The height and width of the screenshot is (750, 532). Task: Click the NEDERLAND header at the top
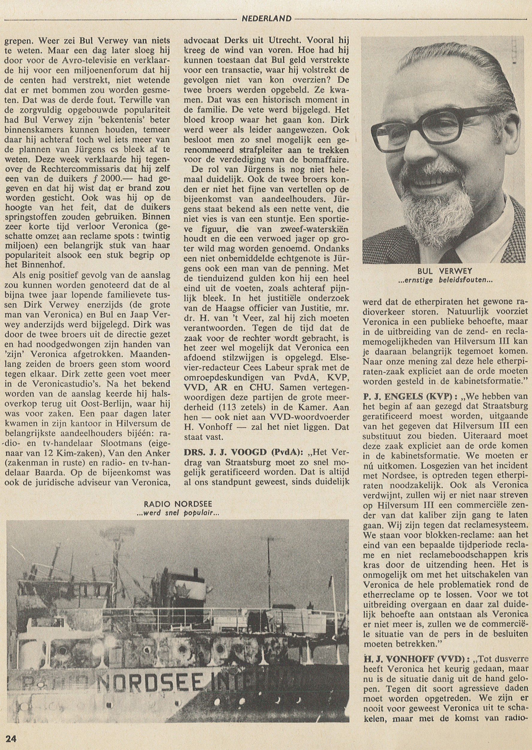pos(266,19)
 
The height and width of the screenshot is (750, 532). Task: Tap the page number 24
pos(11,739)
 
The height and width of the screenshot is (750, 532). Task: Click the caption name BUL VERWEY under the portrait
pos(445,271)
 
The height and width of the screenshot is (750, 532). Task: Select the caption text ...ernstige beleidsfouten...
pos(445,280)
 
